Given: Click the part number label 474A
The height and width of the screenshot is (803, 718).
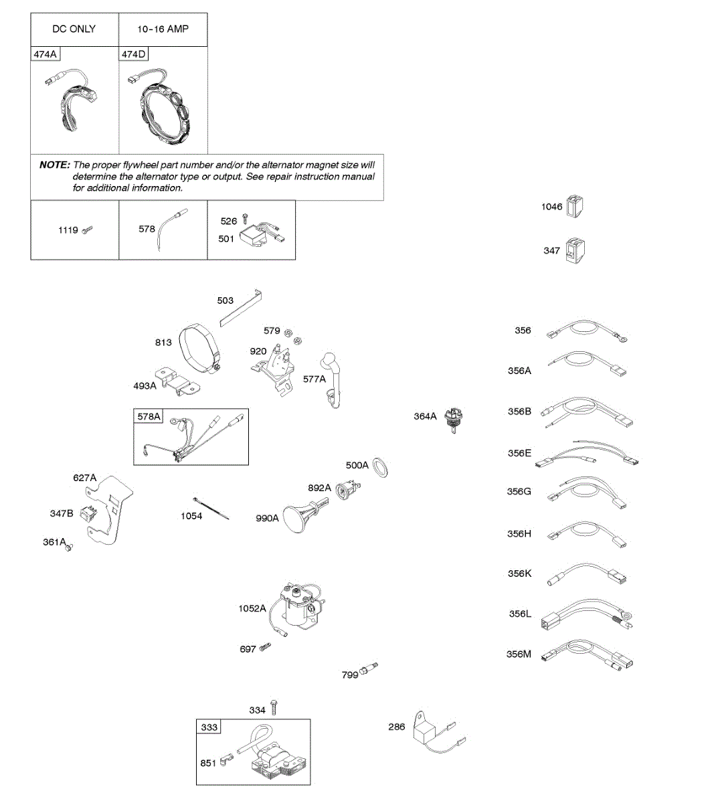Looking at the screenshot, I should pos(45,54).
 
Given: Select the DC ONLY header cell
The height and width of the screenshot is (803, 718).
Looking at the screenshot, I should pos(74,29).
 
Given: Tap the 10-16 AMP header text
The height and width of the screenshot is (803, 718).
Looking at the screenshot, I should pos(163,29).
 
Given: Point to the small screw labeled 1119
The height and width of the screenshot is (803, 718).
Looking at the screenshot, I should pos(87,230).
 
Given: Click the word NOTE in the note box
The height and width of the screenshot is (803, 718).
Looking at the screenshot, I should pos(54,165).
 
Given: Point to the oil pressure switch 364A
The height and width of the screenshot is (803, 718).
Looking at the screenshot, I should pos(456,420).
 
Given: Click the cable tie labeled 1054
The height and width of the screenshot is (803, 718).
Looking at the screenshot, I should pos(211,508).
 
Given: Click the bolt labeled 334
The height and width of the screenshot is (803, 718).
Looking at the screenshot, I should pos(273,708).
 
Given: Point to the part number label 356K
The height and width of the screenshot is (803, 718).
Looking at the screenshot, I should pos(519,574).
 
